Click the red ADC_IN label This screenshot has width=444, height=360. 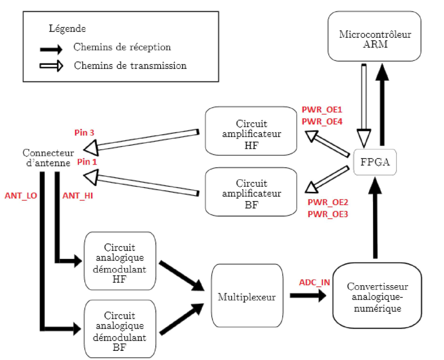pos(314,282)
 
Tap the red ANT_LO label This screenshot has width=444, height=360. pos(20,196)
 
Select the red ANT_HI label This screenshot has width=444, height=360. pos(78,196)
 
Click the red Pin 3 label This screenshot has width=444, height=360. pos(84,132)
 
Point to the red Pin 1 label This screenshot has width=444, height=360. pos(87,162)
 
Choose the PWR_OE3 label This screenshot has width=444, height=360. pos(327,214)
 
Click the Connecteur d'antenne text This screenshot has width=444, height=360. pos(48,158)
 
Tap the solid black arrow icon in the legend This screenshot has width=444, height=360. pos(51,50)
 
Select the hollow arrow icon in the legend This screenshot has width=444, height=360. pos(51,66)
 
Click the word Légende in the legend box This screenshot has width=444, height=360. pos(67,29)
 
